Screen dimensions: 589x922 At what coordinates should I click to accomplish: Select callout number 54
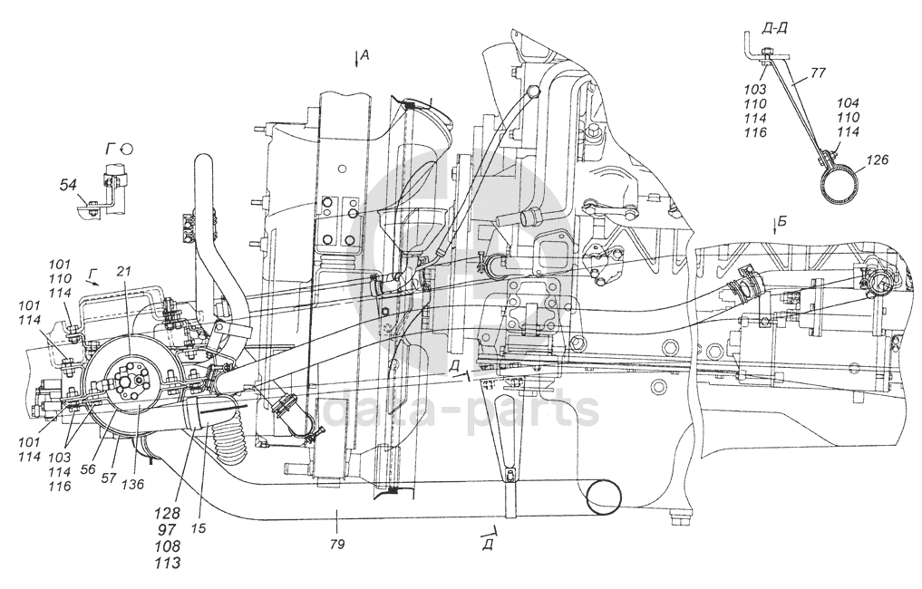pyautogui.click(x=67, y=185)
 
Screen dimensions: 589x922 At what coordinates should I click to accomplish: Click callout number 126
pyautogui.click(x=877, y=160)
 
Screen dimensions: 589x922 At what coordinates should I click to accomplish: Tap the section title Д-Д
pyautogui.click(x=775, y=27)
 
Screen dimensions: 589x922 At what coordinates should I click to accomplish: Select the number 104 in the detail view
pyautogui.click(x=849, y=104)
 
